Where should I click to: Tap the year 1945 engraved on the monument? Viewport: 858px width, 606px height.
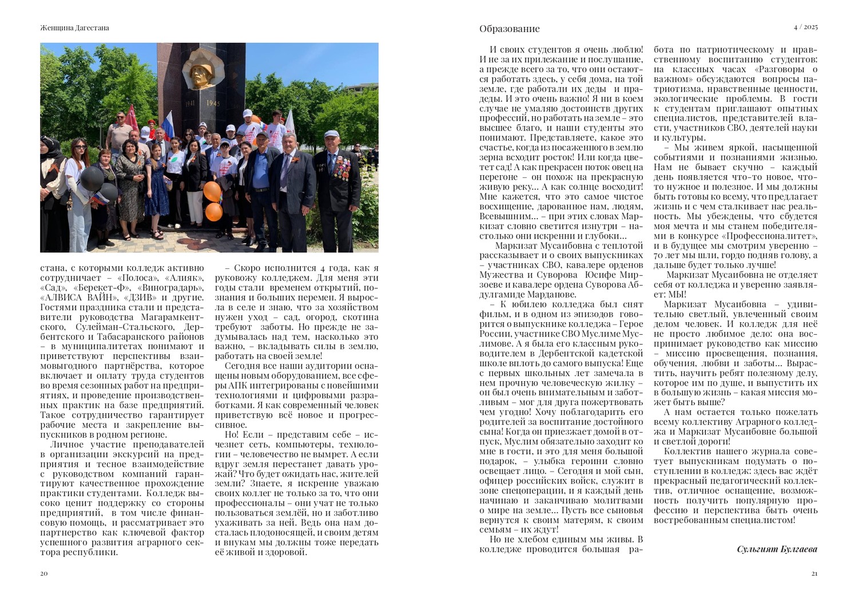[x=213, y=104]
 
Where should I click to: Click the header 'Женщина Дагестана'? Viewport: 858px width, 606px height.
[x=75, y=27]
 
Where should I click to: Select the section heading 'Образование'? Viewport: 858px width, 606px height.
[x=509, y=29]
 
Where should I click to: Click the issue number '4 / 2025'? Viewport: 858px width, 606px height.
[x=805, y=27]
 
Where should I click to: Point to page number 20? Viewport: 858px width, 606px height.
[x=43, y=574]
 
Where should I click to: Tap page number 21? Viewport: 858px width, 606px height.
[x=815, y=574]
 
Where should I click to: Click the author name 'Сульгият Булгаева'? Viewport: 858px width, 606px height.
[x=777, y=549]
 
